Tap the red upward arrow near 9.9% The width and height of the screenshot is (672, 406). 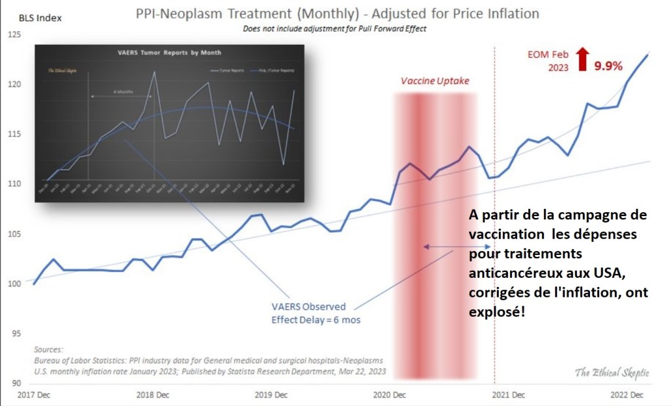(x=581, y=59)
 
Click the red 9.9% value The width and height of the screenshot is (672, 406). (x=609, y=65)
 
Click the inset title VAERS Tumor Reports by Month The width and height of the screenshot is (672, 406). (x=169, y=52)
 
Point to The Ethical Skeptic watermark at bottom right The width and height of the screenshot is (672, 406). (x=612, y=372)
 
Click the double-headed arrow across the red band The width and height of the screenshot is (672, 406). (x=447, y=247)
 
